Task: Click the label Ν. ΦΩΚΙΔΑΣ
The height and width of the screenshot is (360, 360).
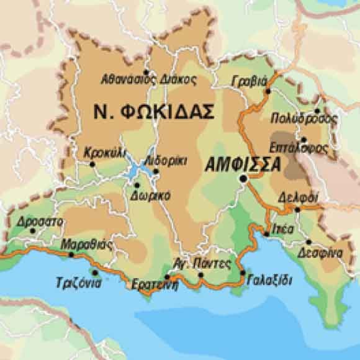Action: [x=153, y=112]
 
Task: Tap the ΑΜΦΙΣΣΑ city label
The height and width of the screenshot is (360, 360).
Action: [x=242, y=164]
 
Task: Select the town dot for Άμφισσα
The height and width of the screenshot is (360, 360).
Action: [x=244, y=179]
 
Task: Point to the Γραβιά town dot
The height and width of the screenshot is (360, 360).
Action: [x=268, y=91]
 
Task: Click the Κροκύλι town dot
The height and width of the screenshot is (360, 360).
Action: [x=92, y=164]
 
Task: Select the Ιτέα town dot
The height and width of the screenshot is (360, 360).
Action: [x=266, y=234]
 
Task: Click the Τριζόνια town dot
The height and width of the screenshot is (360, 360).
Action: [x=94, y=271]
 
